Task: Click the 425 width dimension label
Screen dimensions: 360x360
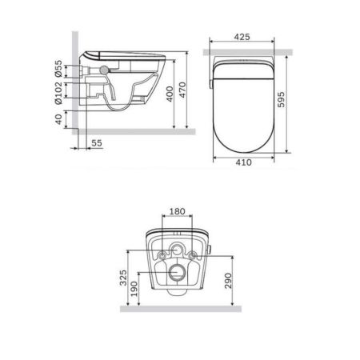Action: point(246,36)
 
